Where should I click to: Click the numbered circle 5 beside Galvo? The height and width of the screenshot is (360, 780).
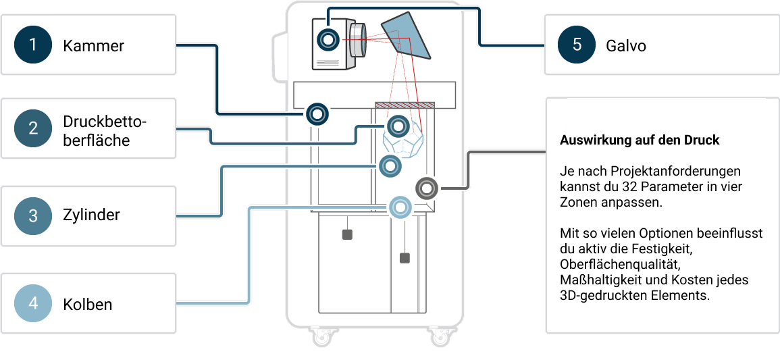(577, 45)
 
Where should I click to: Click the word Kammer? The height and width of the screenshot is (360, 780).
(93, 46)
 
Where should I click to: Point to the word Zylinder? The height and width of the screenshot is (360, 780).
(91, 215)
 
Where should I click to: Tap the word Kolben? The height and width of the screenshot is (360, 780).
(88, 304)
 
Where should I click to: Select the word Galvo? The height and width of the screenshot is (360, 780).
(626, 46)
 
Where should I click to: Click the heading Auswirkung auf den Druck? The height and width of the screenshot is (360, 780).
(640, 140)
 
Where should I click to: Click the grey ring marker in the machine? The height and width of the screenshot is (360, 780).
(427, 187)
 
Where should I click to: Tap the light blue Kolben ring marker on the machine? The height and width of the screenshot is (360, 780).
(400, 207)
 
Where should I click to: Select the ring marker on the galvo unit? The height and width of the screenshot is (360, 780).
(329, 40)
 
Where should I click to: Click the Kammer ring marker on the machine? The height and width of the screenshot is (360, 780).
(317, 113)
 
